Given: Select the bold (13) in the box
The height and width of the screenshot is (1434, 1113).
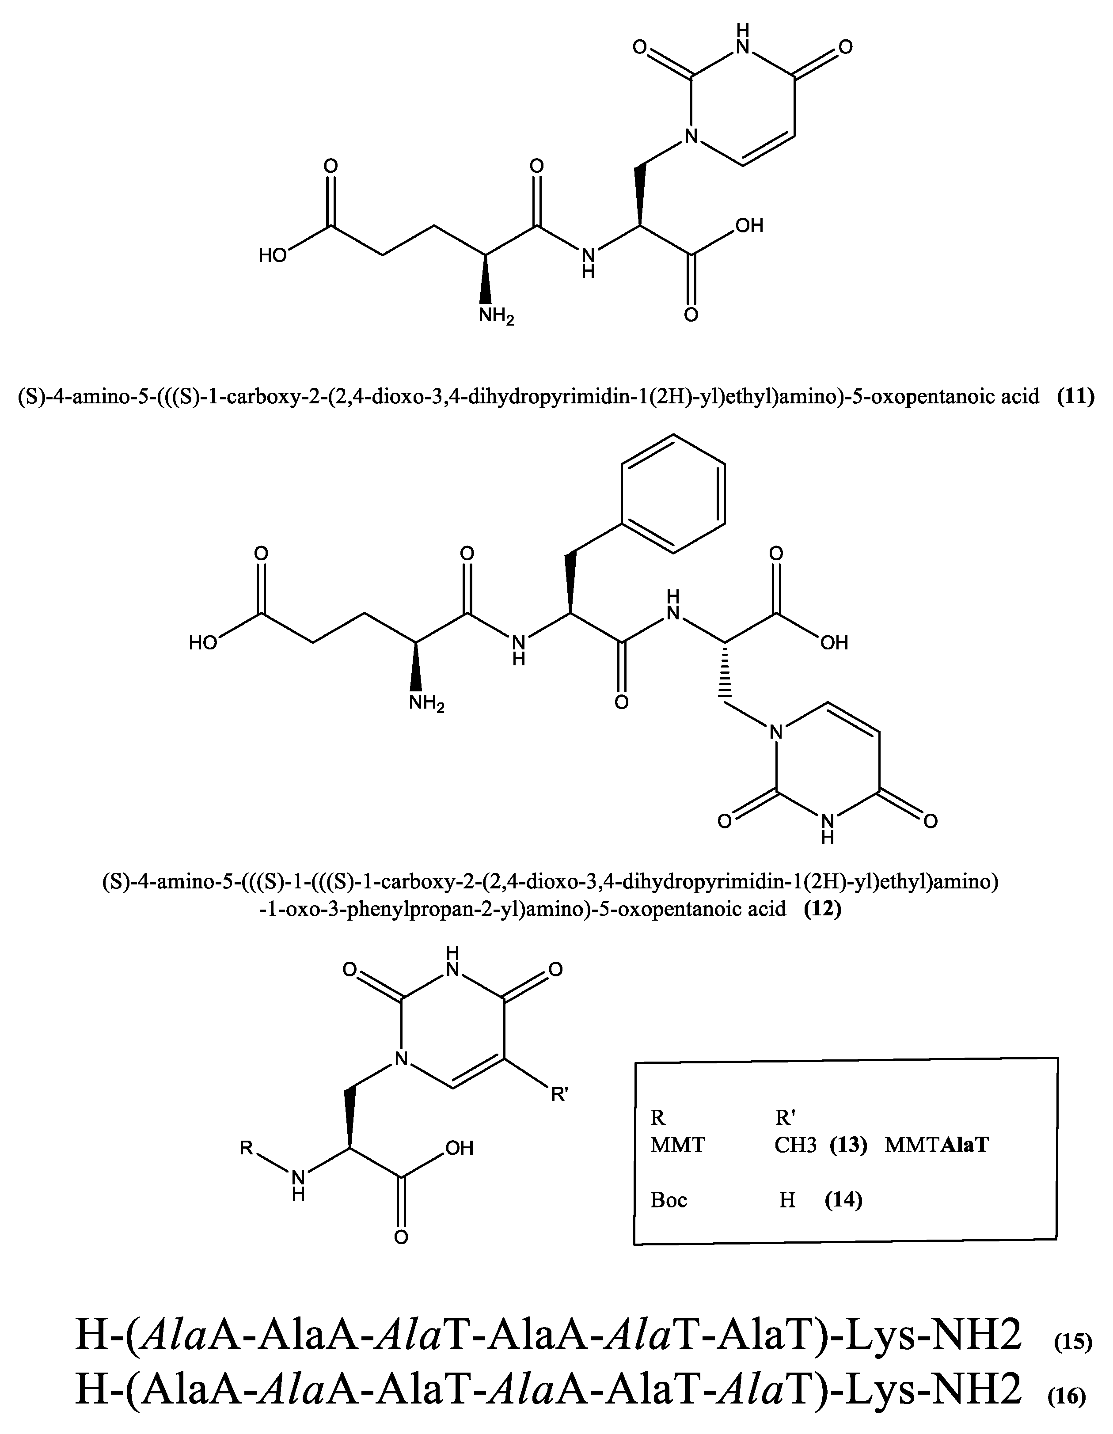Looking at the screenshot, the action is [848, 1145].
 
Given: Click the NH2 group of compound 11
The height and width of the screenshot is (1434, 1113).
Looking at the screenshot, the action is [496, 316].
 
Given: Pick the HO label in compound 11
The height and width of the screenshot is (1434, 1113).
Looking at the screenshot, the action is [273, 255].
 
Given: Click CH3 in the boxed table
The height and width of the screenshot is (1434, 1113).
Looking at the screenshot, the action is [795, 1145].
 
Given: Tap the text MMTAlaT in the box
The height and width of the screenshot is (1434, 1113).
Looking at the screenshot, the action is [936, 1145].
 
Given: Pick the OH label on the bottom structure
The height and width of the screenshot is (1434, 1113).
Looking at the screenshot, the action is [460, 1148].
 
